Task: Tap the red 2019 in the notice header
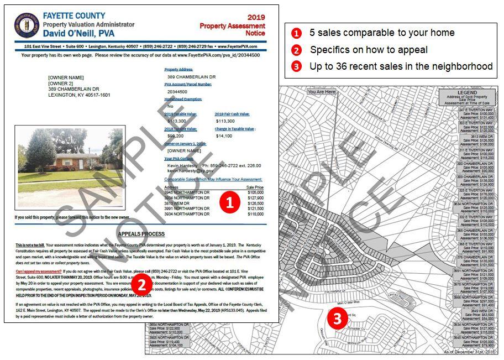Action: pos(256,18)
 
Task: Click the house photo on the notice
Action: pos(70,164)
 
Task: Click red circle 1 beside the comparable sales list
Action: pos(229,202)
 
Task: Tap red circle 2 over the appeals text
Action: pos(142,284)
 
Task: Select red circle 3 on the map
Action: pos(337,317)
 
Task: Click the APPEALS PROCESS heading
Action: pos(140,234)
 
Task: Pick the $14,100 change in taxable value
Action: pos(224,135)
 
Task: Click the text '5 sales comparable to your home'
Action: pos(382,33)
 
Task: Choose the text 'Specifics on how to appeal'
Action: pos(369,50)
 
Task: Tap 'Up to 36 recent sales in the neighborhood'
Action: pos(401,66)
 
